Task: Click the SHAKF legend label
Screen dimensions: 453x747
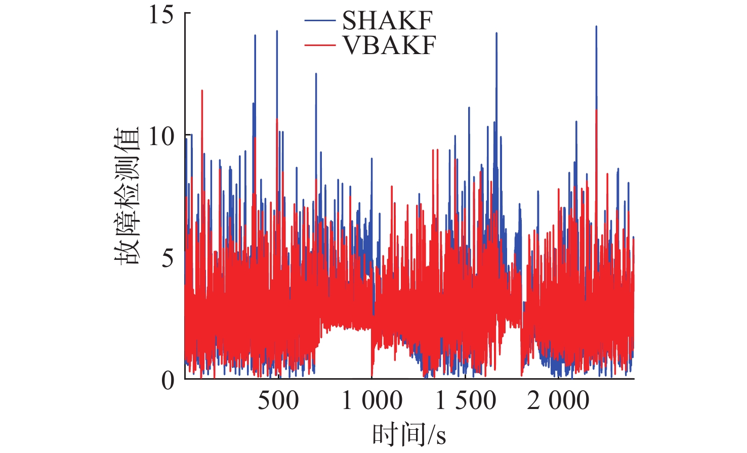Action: pyautogui.click(x=387, y=21)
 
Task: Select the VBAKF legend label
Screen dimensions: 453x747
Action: pyautogui.click(x=389, y=45)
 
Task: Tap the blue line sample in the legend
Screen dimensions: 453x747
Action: pyautogui.click(x=320, y=21)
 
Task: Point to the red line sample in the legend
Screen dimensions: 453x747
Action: pyautogui.click(x=320, y=45)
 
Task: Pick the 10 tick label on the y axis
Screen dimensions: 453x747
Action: pyautogui.click(x=161, y=137)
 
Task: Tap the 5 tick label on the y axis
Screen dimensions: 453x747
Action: pyautogui.click(x=168, y=258)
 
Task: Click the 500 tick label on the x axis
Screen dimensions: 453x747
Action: pyautogui.click(x=278, y=400)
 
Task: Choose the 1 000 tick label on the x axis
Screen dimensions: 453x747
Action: pyautogui.click(x=372, y=400)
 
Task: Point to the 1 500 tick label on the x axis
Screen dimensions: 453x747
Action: pyautogui.click(x=466, y=400)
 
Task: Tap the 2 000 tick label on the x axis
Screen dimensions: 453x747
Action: pyautogui.click(x=558, y=400)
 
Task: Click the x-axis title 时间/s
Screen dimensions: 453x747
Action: pyautogui.click(x=409, y=434)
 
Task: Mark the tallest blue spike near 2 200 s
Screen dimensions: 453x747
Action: pyautogui.click(x=596, y=27)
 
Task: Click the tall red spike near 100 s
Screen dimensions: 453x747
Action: pyautogui.click(x=202, y=91)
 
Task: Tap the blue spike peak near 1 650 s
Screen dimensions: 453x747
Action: pyautogui.click(x=496, y=33)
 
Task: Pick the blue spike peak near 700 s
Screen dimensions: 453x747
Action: pyautogui.click(x=316, y=74)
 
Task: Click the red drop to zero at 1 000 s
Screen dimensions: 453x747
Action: pyautogui.click(x=372, y=377)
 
